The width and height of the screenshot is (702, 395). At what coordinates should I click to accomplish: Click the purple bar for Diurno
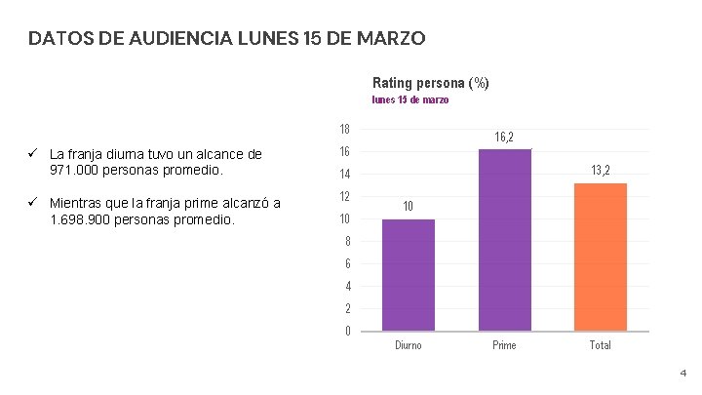[409, 275]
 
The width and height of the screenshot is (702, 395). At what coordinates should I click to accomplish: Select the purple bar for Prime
[504, 240]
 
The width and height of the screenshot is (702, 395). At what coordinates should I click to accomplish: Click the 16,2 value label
[504, 138]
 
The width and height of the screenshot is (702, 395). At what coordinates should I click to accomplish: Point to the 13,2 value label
[600, 171]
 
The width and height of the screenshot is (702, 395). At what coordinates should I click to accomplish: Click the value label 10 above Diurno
[409, 206]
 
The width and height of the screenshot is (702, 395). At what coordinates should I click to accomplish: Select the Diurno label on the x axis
[409, 345]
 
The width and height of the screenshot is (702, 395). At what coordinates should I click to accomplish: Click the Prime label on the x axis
[504, 345]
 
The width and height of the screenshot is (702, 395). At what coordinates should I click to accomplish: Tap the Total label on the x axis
[600, 345]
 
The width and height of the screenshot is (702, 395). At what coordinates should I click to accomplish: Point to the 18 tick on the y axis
[345, 130]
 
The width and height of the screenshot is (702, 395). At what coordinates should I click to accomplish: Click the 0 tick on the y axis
[348, 332]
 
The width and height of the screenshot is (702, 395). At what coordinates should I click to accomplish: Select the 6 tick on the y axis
[348, 264]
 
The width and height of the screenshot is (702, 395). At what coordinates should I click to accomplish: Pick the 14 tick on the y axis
[345, 175]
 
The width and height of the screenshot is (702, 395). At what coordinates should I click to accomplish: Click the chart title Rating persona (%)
[431, 83]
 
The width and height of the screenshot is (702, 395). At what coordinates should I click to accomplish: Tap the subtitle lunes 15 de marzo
[410, 99]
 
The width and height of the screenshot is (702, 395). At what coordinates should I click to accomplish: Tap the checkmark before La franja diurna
[32, 154]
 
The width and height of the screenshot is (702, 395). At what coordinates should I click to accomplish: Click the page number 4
[682, 373]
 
